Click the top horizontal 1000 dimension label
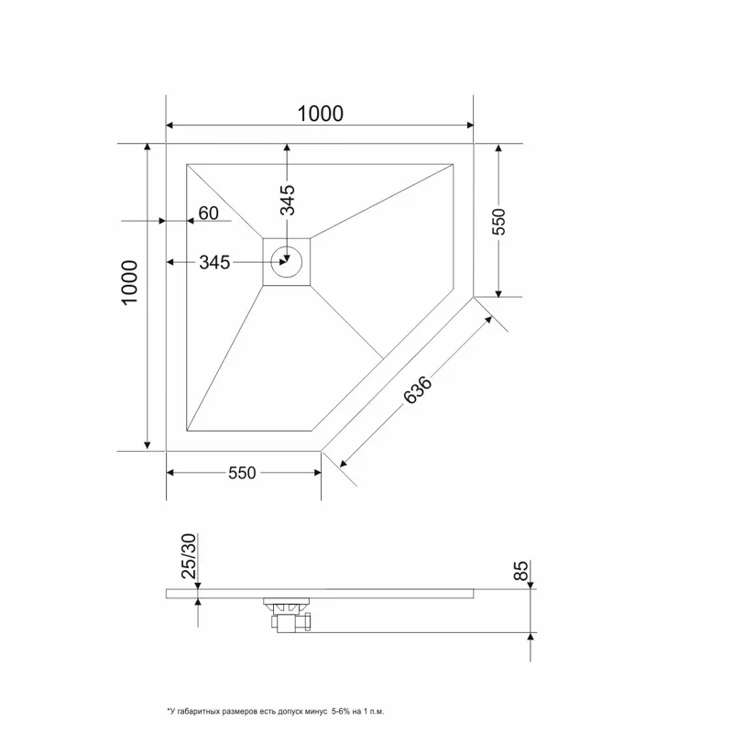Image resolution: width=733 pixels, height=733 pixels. [x=320, y=114]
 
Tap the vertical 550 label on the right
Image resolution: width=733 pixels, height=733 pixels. [x=499, y=222]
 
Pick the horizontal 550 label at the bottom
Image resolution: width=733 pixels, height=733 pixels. [x=242, y=473]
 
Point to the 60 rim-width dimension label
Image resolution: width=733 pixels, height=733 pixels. [x=208, y=213]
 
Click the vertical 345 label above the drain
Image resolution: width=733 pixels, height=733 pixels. [x=288, y=201]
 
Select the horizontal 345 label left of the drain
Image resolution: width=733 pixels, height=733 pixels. [x=213, y=263]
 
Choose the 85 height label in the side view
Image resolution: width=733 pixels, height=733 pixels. [x=521, y=572]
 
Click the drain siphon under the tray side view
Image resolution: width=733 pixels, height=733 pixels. [x=287, y=613]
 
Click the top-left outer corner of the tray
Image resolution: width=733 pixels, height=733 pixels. [x=166, y=144]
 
